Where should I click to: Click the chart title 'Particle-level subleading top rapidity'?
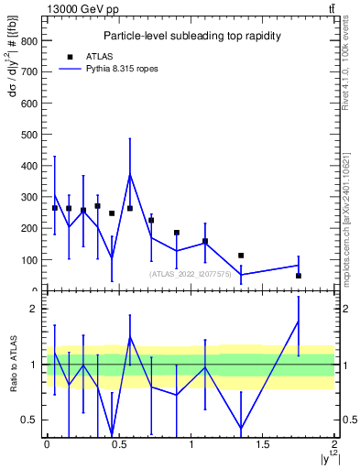[191, 36]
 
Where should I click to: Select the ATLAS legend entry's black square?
[69, 56]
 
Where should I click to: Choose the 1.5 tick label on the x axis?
[262, 444]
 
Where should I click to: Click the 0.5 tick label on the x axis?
[118, 444]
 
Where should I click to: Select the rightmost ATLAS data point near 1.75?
[299, 276]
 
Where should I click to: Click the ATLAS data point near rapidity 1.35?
[241, 256]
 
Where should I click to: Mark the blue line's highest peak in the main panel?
[130, 174]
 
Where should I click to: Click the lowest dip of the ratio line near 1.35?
[241, 429]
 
